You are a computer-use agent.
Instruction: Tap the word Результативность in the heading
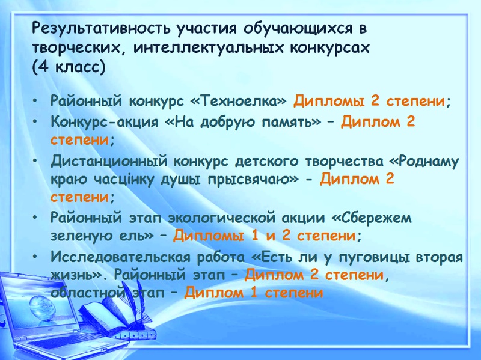click(101, 28)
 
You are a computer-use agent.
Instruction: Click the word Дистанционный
click(109, 162)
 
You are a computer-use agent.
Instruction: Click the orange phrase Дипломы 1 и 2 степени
click(264, 236)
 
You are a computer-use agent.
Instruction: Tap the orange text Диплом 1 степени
click(254, 292)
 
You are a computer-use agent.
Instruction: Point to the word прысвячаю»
click(253, 180)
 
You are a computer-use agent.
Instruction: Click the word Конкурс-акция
click(105, 122)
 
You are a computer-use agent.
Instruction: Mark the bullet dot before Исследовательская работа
click(36, 256)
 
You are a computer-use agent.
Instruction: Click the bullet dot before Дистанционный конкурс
click(36, 160)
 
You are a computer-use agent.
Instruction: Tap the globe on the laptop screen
click(42, 306)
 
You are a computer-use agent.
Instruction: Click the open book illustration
click(117, 314)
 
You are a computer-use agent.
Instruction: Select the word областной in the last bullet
click(88, 292)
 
